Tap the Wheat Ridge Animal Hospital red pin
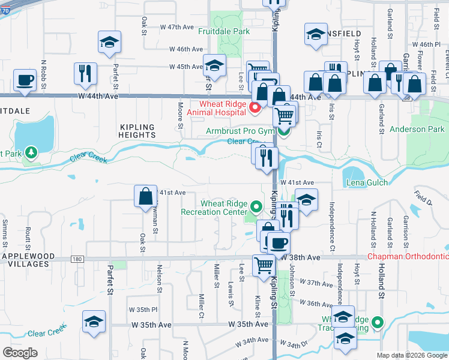255,108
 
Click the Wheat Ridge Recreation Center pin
256,208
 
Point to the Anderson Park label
417,129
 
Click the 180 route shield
77,259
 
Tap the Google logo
20,353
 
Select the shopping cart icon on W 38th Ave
264,265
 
